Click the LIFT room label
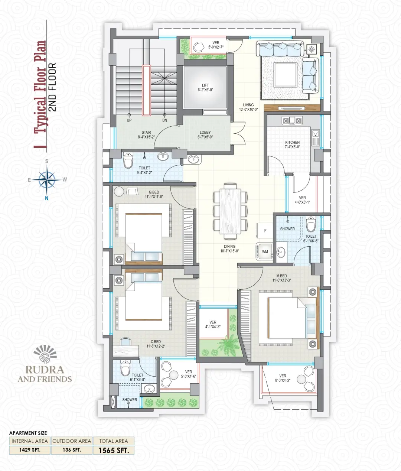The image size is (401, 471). coord(205,85)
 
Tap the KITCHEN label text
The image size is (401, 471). coord(292,142)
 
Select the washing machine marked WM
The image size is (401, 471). coord(264,251)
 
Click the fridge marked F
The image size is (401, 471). coord(265,231)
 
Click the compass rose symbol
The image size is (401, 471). coord(47,180)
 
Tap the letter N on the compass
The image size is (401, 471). coord(47,198)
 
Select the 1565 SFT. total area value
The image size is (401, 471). coord(114,450)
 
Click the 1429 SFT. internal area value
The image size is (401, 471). coord(30,450)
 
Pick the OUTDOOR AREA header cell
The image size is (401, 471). coord(72,441)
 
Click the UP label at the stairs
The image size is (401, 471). coord(129,120)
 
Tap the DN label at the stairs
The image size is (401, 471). coord(164,120)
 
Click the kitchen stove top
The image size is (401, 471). coord(292,121)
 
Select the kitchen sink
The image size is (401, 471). coord(316,138)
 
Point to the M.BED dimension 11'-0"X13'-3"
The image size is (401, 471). coord(281,280)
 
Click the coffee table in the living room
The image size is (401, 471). coord(286,75)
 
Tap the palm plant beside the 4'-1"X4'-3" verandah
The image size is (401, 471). coord(226,347)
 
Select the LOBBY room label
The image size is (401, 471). coord(205,132)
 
